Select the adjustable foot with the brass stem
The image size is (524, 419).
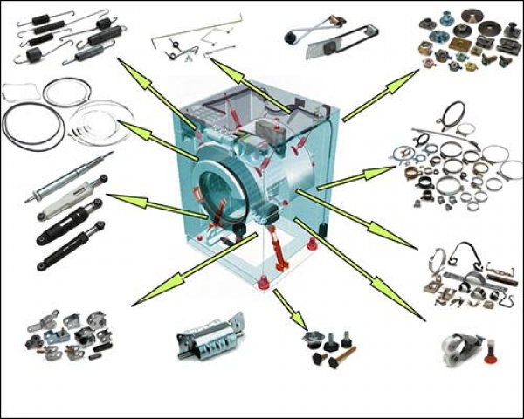341,356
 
